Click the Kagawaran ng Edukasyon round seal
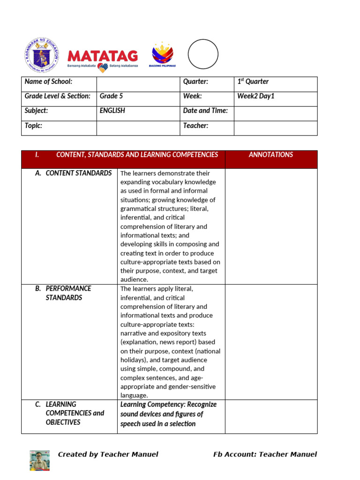pos(42,55)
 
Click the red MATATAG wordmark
pos(103,57)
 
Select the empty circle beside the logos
pos(203,54)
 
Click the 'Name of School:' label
pos(48,82)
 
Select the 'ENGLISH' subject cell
pos(112,111)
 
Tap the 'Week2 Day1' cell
pos(256,96)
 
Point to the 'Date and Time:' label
pos(205,111)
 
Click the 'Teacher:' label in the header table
pos(195,126)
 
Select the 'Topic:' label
pos(33,126)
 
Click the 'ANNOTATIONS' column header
pos(271,155)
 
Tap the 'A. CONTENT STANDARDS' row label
pos(74,173)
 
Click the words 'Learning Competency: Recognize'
pos(168,405)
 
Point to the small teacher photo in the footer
pos(40,460)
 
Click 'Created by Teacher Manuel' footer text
pos(108,454)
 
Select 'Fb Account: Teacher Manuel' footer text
pos(265,454)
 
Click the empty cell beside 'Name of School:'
pos(138,84)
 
